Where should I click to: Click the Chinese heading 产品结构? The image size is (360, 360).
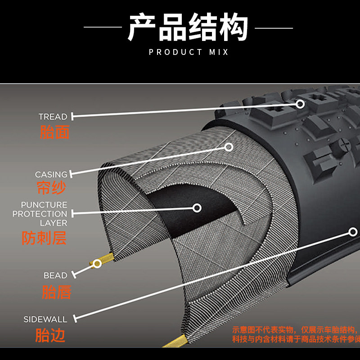coord(188,27)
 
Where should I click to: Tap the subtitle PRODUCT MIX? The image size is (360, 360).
coord(189,52)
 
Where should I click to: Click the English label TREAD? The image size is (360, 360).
coord(53,117)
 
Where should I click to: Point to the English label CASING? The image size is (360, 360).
coord(51,174)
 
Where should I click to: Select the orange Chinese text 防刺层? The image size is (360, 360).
coord(44,238)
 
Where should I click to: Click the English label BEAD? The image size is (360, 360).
coord(55,275)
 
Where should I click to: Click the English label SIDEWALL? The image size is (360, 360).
coord(45,319)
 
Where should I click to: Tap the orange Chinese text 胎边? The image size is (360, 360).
coord(50,335)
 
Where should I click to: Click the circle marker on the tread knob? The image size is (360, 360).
coord(300,104)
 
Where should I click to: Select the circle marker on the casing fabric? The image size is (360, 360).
coord(229,147)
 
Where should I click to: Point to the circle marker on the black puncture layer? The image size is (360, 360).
coord(197,208)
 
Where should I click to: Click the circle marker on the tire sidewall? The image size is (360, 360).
coord(352,232)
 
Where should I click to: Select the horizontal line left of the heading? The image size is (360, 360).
coord(103,27)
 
